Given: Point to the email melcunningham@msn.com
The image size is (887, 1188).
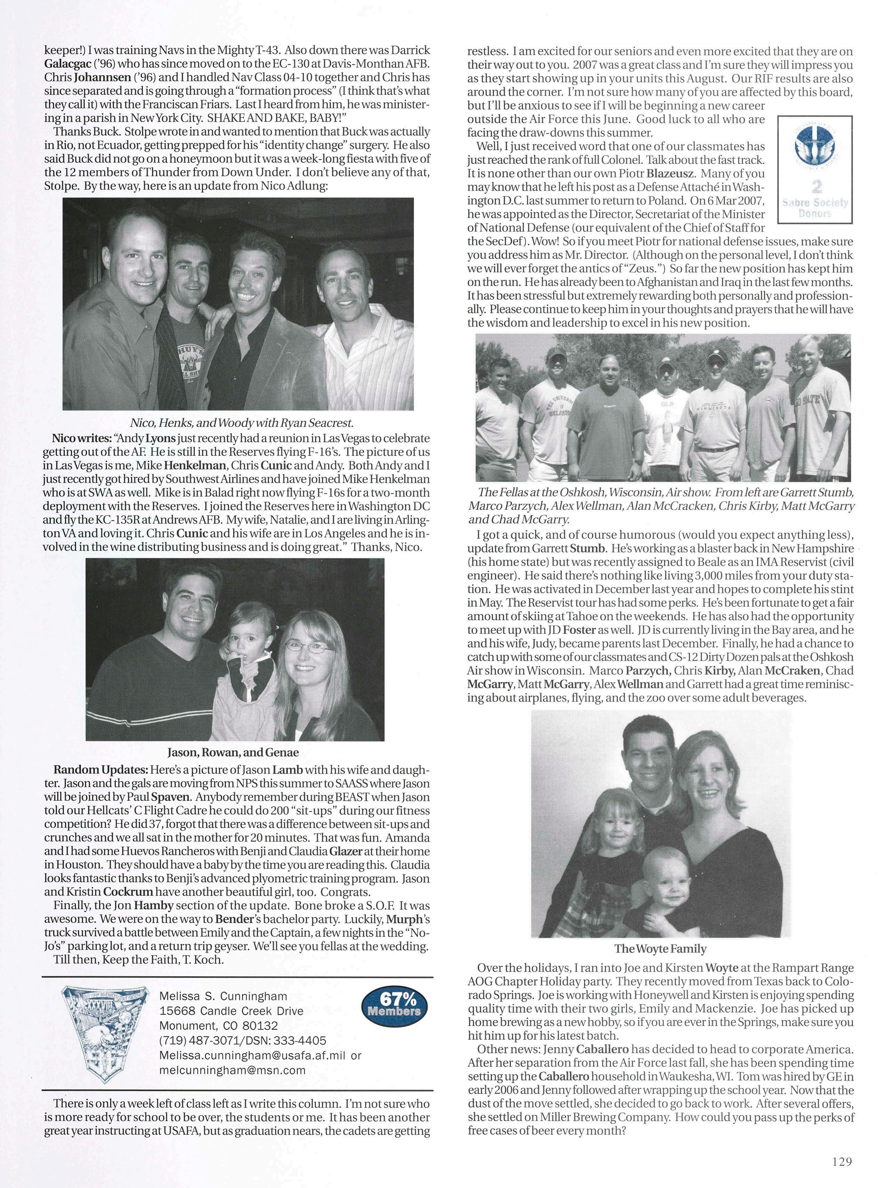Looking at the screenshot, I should point(232,1070).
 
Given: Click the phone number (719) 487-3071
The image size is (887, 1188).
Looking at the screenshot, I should point(194,1041).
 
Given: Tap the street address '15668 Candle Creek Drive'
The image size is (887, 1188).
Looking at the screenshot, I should point(231,1011).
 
